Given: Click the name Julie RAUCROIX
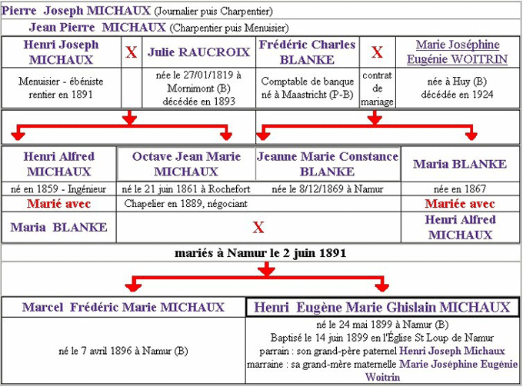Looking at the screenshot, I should (198, 52).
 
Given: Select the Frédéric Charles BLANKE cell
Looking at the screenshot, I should (308, 52).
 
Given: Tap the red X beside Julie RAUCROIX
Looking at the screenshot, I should (132, 52).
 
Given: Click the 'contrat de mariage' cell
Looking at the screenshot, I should (377, 88).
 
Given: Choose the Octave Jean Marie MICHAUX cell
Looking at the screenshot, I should (186, 164).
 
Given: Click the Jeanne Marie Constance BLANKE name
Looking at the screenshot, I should (328, 164).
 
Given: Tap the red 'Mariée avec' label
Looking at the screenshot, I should (460, 204).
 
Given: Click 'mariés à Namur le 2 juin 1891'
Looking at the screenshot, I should (261, 252).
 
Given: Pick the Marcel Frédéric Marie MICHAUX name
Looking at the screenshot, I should (123, 308).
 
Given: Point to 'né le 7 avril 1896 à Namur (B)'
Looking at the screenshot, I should (123, 351).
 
